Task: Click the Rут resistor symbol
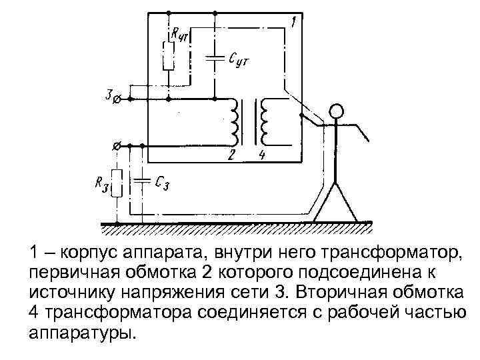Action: pos(169,56)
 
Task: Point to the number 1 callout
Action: pos(293,23)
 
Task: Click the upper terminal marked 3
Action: pos(117,99)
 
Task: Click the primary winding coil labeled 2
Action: pos(235,121)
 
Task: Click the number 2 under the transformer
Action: pos(231,156)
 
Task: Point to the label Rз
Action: pos(101,185)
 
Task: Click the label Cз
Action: pos(161,182)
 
